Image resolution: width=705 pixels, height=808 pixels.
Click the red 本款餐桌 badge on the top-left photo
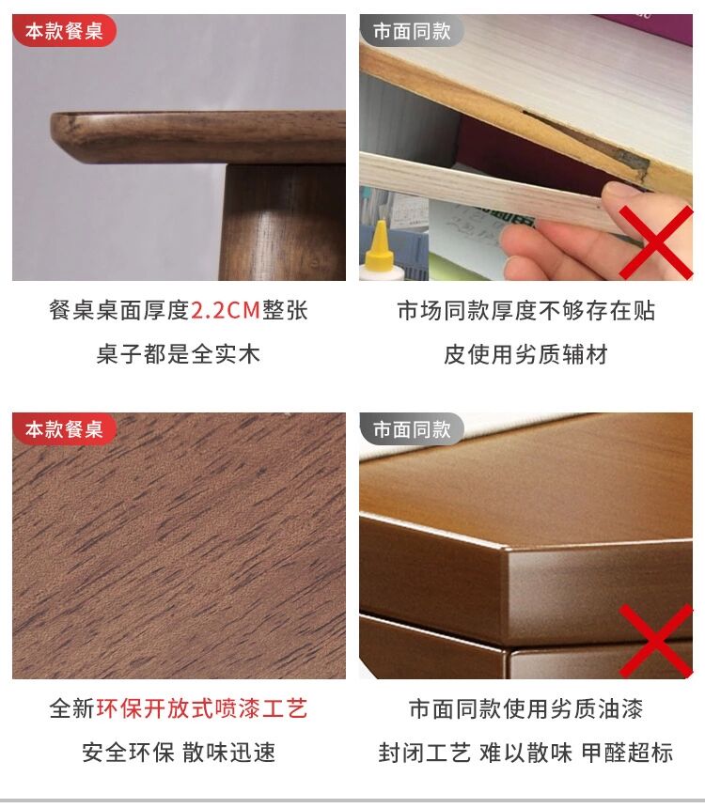pos(64,31)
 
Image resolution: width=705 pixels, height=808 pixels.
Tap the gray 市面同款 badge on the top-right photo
pos(412,31)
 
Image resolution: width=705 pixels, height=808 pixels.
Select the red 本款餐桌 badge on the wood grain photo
pos(64,428)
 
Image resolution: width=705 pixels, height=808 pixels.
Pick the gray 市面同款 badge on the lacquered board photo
pos(412,428)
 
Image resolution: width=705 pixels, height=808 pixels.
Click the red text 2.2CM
pos(226,310)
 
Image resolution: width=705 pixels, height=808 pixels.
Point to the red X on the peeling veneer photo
pos(656,242)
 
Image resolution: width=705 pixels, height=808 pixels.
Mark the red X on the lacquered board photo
pos(656,641)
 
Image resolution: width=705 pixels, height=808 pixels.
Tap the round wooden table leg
pos(282,222)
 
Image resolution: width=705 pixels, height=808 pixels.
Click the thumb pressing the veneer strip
pos(627,194)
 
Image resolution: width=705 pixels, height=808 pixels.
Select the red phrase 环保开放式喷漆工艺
pos(202,708)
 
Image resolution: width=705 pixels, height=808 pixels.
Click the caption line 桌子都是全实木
pos(179,354)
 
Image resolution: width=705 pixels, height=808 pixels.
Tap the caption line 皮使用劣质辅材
pos(525,354)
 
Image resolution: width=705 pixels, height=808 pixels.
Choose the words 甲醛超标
pos(627,753)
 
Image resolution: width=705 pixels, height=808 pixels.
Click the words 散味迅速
pos(229,753)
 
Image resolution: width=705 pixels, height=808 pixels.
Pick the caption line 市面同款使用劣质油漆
pos(525,708)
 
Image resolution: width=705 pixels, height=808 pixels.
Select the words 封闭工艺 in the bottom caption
pos(425,753)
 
